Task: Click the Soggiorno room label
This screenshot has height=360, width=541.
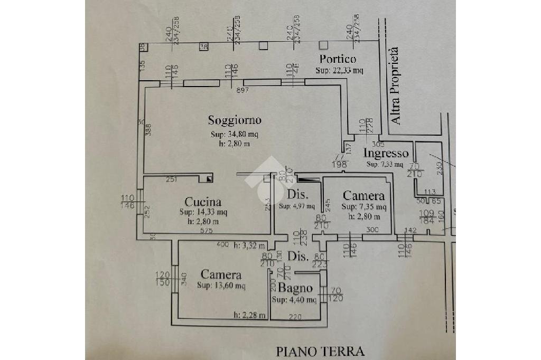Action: [234, 120]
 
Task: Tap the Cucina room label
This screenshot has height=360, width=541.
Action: [202, 202]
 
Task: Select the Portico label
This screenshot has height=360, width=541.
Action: [338, 59]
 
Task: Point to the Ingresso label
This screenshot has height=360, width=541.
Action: [386, 154]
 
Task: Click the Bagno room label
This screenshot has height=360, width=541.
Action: [295, 289]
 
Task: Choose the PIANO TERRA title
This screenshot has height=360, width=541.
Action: [320, 350]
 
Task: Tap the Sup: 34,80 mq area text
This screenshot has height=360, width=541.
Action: [234, 134]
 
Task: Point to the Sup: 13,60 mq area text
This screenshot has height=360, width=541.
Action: [221, 286]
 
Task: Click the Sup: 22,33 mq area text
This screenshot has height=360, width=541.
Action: [340, 70]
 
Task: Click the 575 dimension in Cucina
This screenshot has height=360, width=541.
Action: [207, 231]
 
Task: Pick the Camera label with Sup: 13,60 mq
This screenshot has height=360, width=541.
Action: [221, 275]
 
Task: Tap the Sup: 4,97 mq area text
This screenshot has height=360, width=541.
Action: [296, 206]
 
